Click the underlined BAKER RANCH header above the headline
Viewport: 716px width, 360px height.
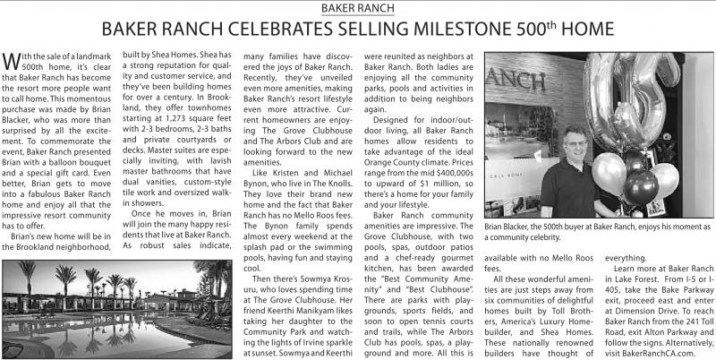tap(358, 9)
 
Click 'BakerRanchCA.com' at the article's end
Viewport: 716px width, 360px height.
tap(657, 352)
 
